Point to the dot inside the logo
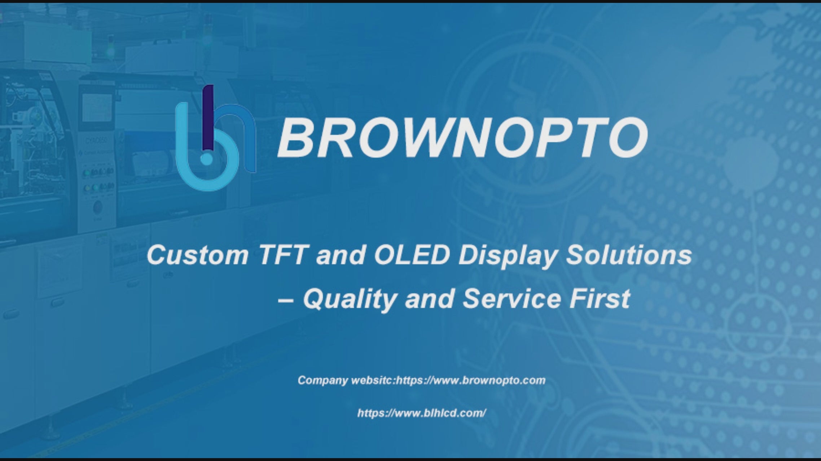pyautogui.click(x=206, y=158)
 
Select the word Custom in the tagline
pyautogui.click(x=198, y=255)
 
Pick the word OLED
pyautogui.click(x=412, y=255)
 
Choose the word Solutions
pyautogui.click(x=629, y=255)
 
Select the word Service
pyautogui.click(x=512, y=299)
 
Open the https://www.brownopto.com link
pyautogui.click(x=471, y=380)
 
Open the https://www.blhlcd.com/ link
pyautogui.click(x=422, y=413)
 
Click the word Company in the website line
pyautogui.click(x=323, y=381)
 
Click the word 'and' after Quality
pyautogui.click(x=429, y=299)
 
